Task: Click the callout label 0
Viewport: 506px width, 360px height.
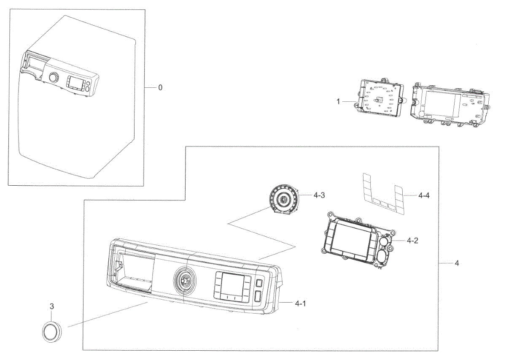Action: click(160, 87)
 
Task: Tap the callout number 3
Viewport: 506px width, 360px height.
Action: click(52, 307)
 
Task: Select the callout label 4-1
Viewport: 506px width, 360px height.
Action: click(300, 303)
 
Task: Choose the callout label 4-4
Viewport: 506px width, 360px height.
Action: click(424, 195)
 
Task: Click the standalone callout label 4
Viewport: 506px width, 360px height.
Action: click(457, 263)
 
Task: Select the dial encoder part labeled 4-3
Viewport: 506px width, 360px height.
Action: click(283, 200)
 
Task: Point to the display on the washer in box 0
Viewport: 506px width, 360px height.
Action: click(75, 83)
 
